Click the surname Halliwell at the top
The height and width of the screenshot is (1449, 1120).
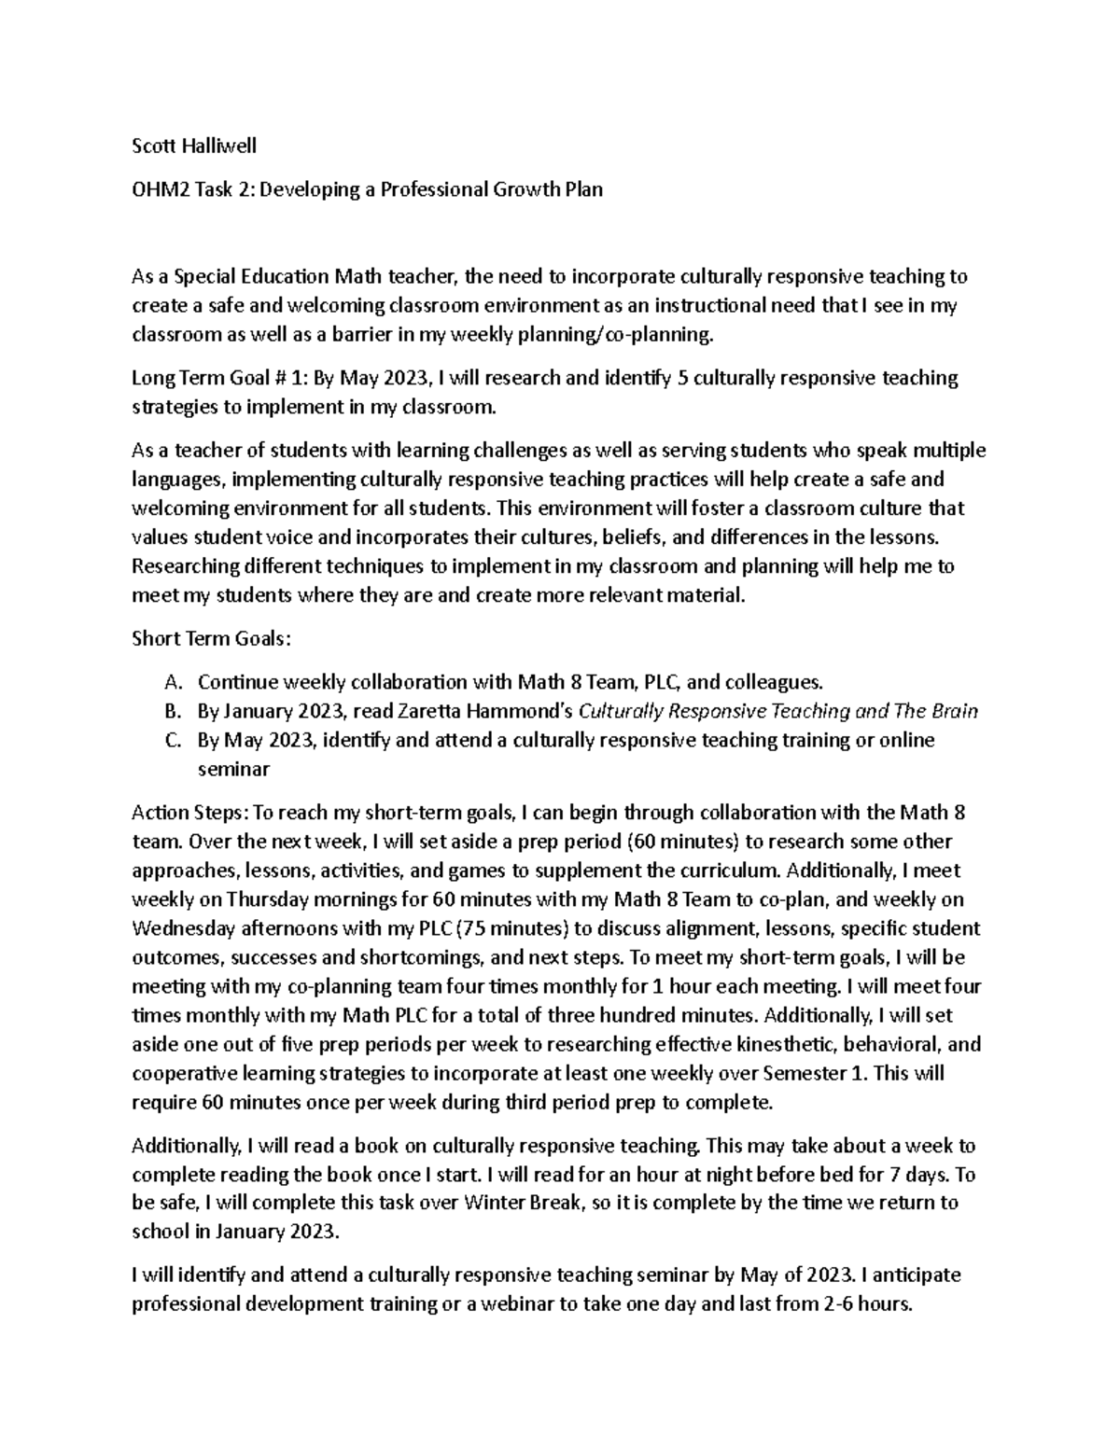point(216,146)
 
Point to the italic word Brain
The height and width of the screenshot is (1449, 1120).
point(955,711)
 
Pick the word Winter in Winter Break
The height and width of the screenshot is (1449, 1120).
point(494,1203)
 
